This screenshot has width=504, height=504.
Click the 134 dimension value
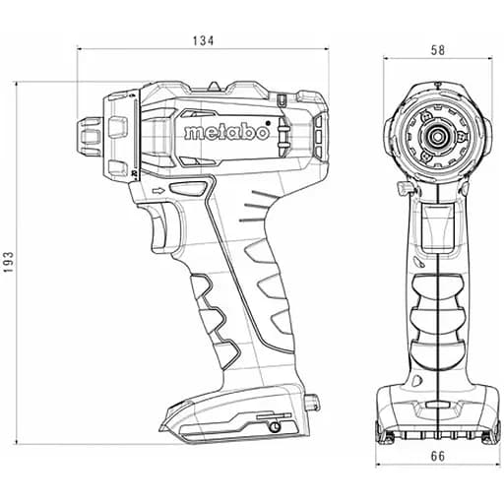(203, 40)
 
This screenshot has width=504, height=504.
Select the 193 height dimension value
(8, 262)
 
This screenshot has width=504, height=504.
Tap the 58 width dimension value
(438, 50)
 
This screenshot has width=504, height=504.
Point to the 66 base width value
(438, 456)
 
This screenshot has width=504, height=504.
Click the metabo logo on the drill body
(226, 133)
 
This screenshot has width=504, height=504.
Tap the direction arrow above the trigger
(158, 190)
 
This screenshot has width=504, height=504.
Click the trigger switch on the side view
(163, 226)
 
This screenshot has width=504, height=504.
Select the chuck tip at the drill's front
(90, 137)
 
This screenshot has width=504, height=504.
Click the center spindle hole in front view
(438, 135)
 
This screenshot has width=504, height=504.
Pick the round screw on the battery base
(275, 427)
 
